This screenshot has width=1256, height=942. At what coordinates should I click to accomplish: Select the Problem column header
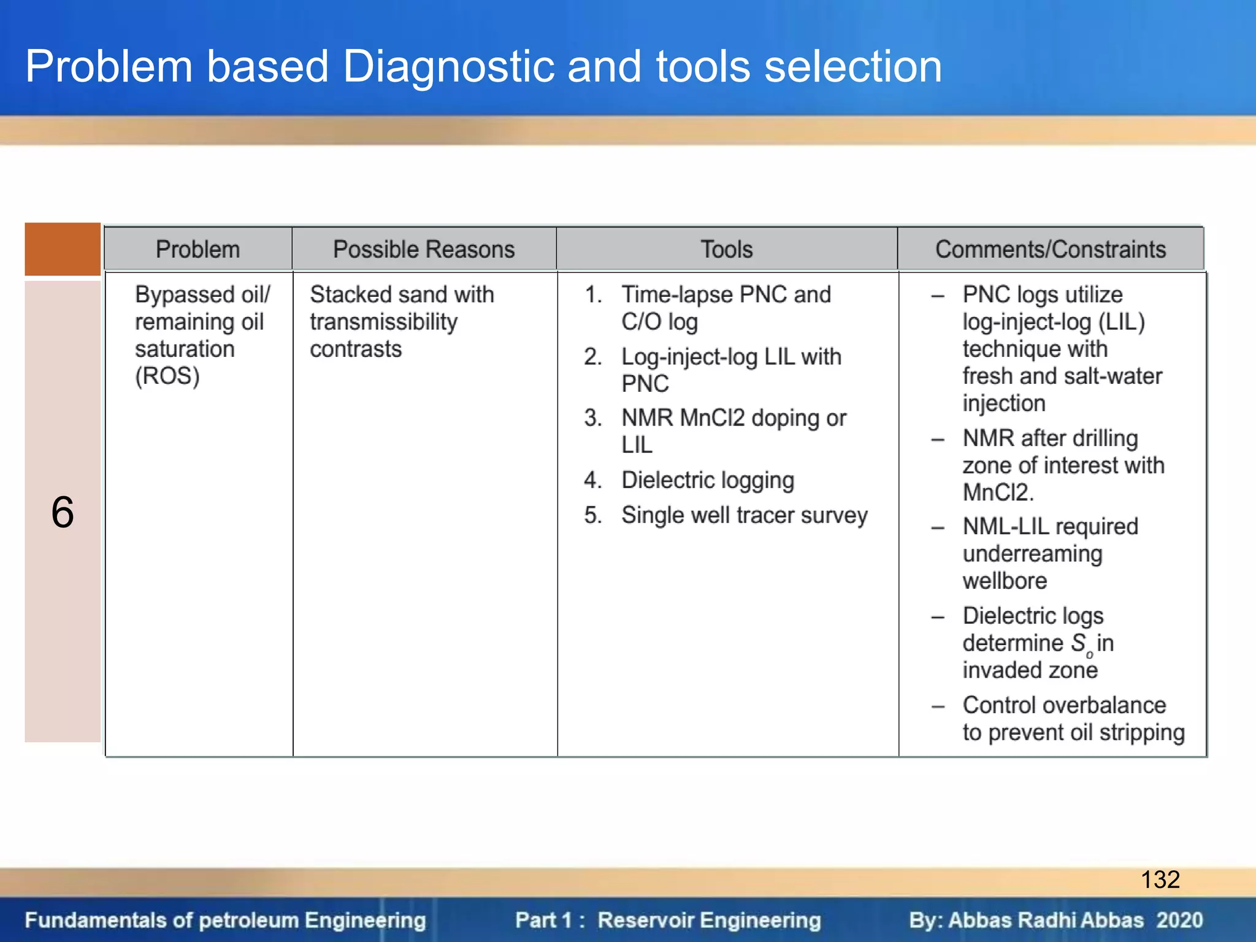click(197, 250)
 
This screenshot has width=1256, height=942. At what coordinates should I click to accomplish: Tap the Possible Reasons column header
click(424, 250)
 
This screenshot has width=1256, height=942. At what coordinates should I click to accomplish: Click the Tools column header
click(727, 250)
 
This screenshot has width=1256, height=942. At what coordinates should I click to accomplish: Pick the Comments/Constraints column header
click(1051, 250)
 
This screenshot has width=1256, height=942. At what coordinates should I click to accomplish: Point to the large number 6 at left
click(63, 512)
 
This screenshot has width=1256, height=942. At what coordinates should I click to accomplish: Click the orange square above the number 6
click(63, 249)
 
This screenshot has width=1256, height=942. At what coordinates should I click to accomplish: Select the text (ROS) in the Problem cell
click(167, 376)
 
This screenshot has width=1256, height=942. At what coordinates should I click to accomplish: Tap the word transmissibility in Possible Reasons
click(383, 322)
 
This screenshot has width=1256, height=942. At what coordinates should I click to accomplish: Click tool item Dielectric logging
click(708, 480)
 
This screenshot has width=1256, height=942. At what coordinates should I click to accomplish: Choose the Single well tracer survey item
click(745, 515)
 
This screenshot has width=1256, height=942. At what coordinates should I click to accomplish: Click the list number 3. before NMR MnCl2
click(593, 418)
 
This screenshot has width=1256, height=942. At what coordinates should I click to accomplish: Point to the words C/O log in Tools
click(659, 322)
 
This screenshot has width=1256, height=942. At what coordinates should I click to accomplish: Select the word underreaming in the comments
click(1033, 554)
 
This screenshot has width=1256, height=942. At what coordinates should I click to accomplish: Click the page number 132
click(1160, 879)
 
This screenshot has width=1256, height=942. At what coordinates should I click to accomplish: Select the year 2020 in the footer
click(1180, 921)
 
